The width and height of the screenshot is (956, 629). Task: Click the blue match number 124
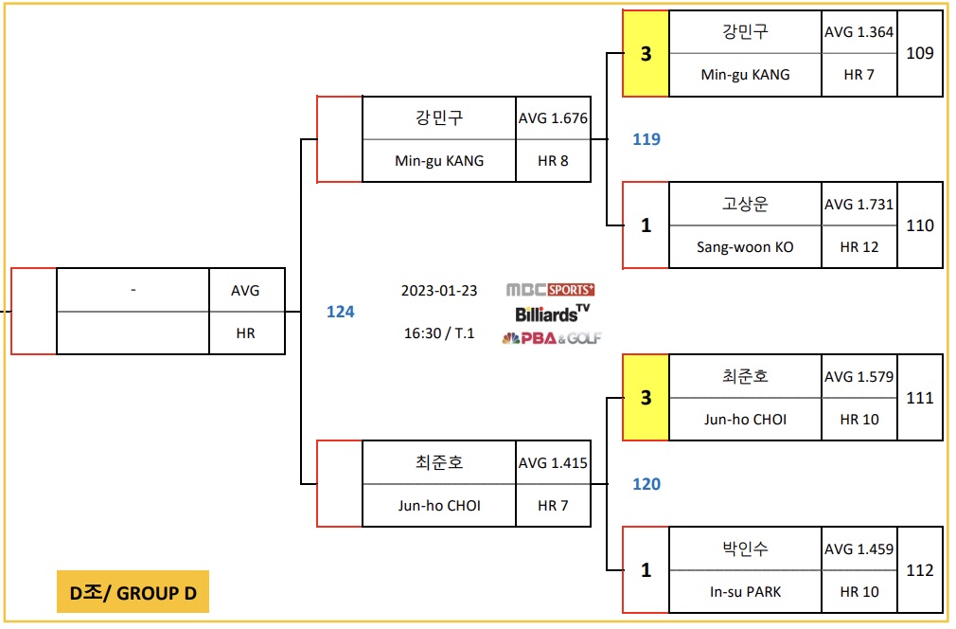click(340, 312)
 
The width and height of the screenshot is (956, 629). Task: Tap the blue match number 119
click(646, 139)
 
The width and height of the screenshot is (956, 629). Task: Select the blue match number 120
click(646, 484)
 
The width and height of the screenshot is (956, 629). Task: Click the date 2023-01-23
click(439, 291)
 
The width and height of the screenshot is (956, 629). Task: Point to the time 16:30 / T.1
click(439, 333)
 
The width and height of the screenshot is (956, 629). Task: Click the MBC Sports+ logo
click(551, 290)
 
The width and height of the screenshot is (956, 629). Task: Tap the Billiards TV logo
click(552, 313)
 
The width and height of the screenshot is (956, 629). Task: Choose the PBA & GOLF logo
click(551, 338)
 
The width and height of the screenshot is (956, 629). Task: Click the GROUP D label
click(133, 593)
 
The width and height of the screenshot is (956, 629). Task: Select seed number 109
click(920, 53)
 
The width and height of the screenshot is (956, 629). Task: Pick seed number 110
click(920, 225)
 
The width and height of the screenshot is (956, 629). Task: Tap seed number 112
click(920, 570)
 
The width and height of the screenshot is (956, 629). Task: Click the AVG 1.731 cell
click(859, 205)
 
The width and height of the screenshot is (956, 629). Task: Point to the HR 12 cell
click(859, 247)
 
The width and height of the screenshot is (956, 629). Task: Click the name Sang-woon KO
click(745, 247)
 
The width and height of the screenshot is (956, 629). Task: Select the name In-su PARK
click(745, 592)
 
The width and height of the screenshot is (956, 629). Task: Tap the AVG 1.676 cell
click(553, 118)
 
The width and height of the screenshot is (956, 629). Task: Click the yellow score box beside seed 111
click(646, 398)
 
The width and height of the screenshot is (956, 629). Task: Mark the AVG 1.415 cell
click(553, 463)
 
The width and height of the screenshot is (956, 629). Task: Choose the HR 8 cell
click(553, 161)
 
